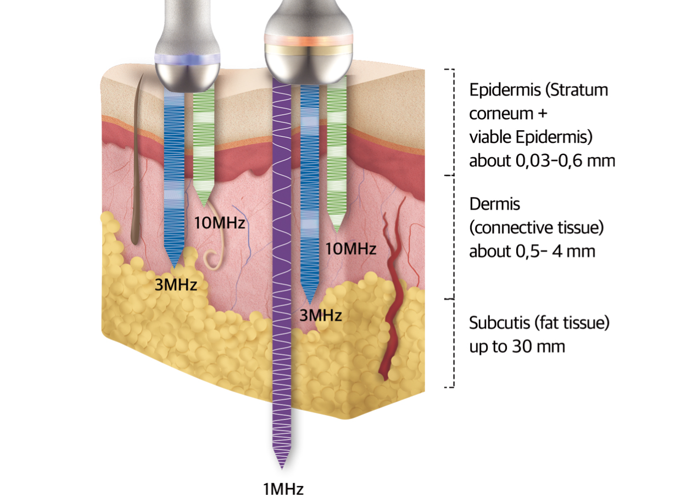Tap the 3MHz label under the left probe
pos(176,285)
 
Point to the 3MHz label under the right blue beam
pos(320,315)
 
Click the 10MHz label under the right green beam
pos(351,249)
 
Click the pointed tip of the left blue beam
pos(176,269)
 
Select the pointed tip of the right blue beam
pos(310,304)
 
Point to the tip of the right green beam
pos(336,231)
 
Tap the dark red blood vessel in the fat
pos(391,308)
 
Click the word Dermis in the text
pos(494,204)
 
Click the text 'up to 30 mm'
pos(517,347)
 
